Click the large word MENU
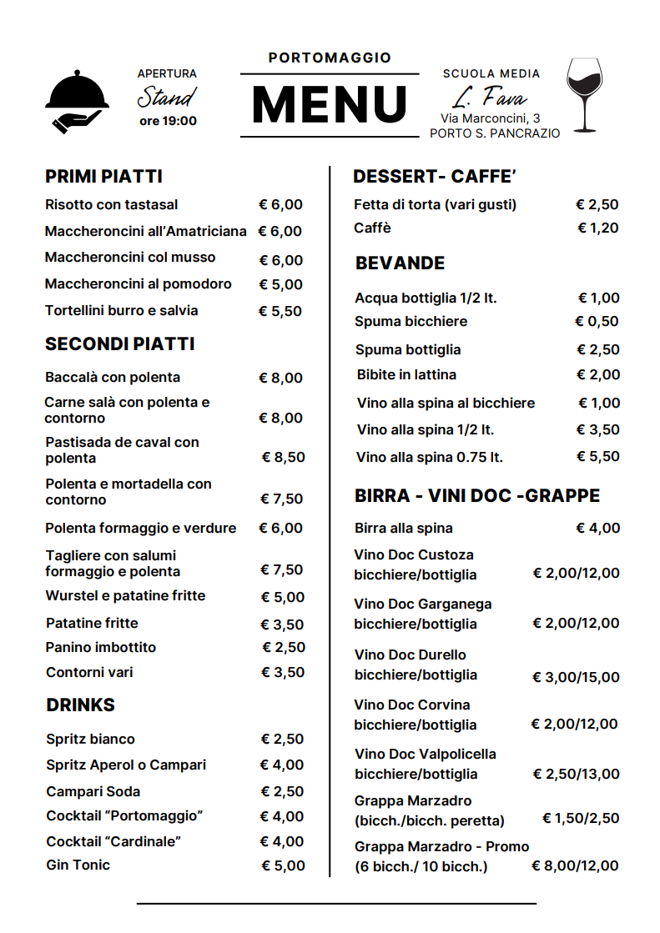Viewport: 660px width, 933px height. [329, 105]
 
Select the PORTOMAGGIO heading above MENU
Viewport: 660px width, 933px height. [330, 58]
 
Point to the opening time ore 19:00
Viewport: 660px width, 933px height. [168, 121]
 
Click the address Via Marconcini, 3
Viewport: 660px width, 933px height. [490, 118]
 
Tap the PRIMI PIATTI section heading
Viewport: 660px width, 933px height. [103, 177]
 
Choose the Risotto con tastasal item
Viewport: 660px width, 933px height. [111, 204]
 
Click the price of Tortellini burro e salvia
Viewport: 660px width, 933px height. [280, 311]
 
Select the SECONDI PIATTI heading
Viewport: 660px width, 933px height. [119, 344]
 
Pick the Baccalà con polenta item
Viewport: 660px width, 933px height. [113, 377]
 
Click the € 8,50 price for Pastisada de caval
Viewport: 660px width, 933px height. [284, 457]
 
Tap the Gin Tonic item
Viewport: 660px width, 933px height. [78, 865]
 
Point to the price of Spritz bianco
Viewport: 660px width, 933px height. [282, 739]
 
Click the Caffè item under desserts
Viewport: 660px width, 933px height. [372, 228]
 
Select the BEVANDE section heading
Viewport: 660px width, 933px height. [400, 263]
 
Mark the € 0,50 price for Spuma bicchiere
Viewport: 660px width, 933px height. [597, 321]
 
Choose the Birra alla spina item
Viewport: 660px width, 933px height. [403, 528]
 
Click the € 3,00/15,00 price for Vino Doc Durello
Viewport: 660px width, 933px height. [576, 677]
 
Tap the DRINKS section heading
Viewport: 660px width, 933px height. [80, 705]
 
